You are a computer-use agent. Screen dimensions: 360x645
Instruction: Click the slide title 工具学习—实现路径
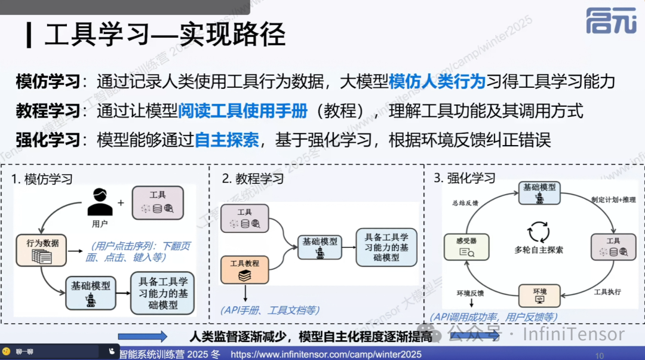(165, 35)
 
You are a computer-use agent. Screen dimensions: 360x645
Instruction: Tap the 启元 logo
(610, 21)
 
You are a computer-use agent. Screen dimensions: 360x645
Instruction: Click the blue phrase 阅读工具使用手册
(243, 110)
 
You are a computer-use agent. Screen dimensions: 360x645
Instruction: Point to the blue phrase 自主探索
(227, 140)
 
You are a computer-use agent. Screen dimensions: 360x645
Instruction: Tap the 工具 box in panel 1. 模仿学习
(158, 202)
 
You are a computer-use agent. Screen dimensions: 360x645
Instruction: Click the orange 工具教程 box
(245, 269)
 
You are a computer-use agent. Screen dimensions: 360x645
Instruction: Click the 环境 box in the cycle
(539, 295)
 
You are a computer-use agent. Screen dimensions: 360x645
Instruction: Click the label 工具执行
(607, 292)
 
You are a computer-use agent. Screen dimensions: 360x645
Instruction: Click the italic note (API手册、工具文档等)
(269, 310)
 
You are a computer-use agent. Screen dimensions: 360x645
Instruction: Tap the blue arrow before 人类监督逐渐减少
(142, 337)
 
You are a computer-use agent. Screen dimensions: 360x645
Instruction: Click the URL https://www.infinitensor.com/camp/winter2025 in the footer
(325, 355)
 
